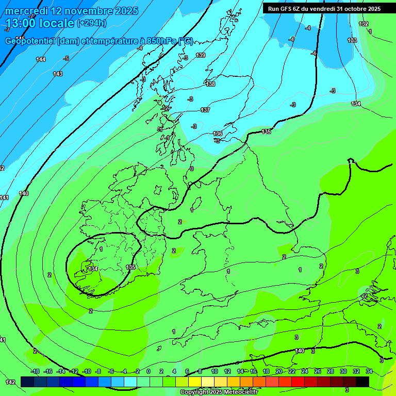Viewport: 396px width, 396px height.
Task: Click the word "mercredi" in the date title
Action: pos(28,10)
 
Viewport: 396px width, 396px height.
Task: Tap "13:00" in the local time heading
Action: pos(21,23)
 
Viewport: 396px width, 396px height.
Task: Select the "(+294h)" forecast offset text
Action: pos(91,23)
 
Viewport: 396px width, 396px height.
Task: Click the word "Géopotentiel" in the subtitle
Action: pos(30,41)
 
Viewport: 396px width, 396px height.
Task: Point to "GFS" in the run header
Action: pos(287,8)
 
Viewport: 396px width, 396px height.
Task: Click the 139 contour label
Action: pos(201,55)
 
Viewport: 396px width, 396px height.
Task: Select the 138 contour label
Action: pos(210,84)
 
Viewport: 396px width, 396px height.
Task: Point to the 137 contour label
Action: pos(205,110)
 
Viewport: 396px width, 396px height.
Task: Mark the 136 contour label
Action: pos(218,134)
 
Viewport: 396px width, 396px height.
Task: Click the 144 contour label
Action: pos(41,59)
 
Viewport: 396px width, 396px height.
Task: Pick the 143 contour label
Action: pos(58,74)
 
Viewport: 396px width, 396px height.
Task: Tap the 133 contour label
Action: pos(352,40)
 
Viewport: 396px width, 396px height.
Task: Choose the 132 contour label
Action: pos(364,24)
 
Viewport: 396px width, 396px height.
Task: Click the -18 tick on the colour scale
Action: pos(36,371)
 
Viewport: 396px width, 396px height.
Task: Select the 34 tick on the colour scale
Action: pos(369,371)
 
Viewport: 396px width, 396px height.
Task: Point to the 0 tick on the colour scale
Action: pos(148,371)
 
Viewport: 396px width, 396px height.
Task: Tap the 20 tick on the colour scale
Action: pos(279,371)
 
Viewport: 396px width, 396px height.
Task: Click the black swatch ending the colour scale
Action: pos(362,382)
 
